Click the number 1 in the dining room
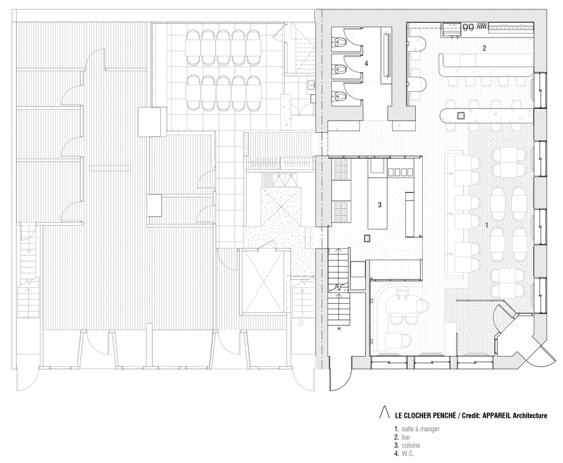486,225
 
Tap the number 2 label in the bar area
484,48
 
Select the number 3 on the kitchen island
379,205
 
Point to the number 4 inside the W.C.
366,63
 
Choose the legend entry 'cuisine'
411,445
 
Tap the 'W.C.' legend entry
408,454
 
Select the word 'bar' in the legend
406,437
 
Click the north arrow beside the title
384,411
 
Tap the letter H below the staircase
338,329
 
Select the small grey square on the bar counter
461,116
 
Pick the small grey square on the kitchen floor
367,238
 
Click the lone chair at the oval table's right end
425,306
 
